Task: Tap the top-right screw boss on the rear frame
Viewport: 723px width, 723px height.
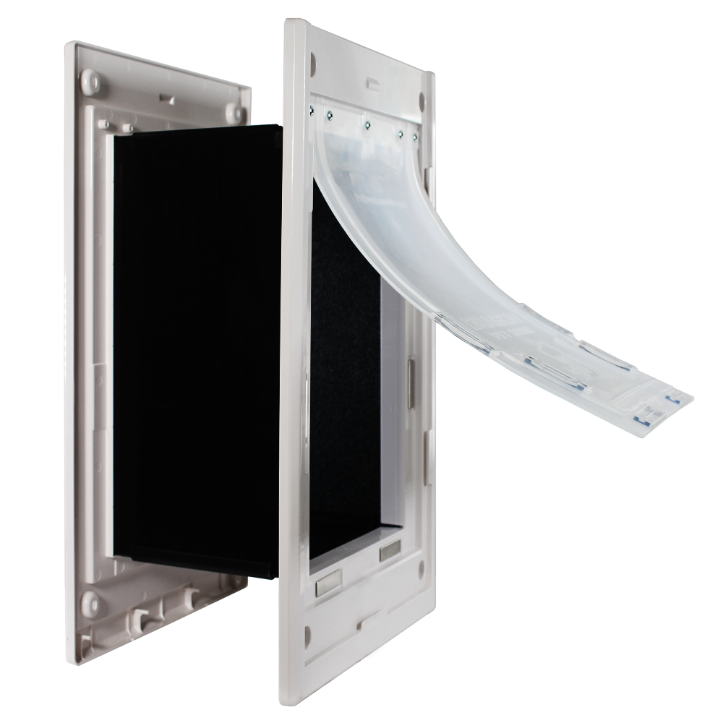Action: coord(233,111)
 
